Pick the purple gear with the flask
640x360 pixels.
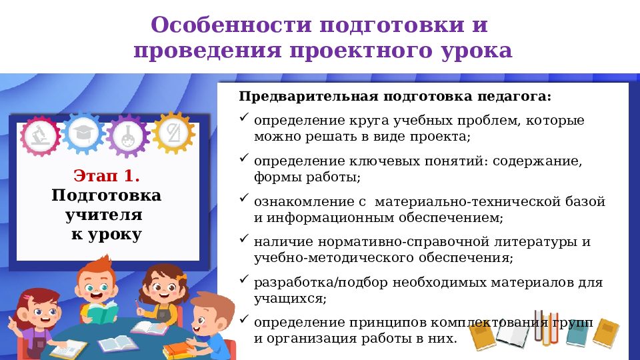[127, 135]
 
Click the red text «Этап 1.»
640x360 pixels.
[107, 177]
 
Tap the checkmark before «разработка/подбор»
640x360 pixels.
[244, 279]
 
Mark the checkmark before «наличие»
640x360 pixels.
[244, 238]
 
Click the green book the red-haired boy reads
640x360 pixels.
[102, 311]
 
